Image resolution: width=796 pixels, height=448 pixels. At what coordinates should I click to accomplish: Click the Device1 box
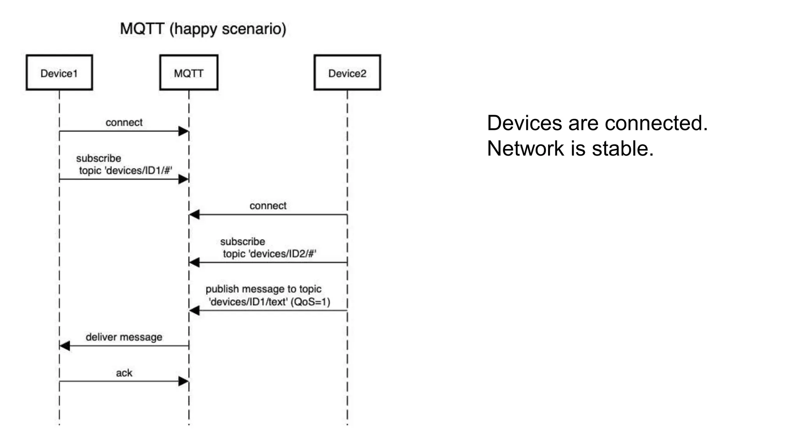click(x=59, y=73)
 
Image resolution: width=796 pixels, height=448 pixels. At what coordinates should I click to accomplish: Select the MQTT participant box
click(x=189, y=73)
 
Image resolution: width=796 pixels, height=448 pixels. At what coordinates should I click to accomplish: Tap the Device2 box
click(x=347, y=73)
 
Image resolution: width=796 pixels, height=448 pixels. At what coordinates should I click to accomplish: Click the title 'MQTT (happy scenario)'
click(x=203, y=29)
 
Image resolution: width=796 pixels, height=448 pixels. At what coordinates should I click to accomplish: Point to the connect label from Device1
click(x=124, y=122)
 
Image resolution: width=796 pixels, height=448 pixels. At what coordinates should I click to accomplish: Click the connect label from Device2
click(x=268, y=206)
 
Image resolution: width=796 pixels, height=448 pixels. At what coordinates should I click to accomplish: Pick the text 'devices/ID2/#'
click(x=283, y=254)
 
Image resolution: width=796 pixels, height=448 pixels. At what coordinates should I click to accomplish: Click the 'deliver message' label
click(x=124, y=337)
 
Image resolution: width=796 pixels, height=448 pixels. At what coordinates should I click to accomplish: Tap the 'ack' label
click(x=124, y=373)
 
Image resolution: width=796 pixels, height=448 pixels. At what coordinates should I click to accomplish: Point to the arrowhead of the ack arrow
click(x=183, y=381)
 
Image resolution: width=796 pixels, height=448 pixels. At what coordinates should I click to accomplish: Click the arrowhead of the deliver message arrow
click(x=65, y=346)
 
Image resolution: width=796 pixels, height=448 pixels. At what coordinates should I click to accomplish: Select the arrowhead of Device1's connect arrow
click(x=183, y=131)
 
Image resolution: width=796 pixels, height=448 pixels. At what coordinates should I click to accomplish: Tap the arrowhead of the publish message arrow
click(x=194, y=310)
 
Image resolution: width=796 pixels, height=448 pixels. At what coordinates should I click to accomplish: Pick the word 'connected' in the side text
click(x=656, y=123)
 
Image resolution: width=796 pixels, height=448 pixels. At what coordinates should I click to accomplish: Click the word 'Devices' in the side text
click(x=525, y=123)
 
